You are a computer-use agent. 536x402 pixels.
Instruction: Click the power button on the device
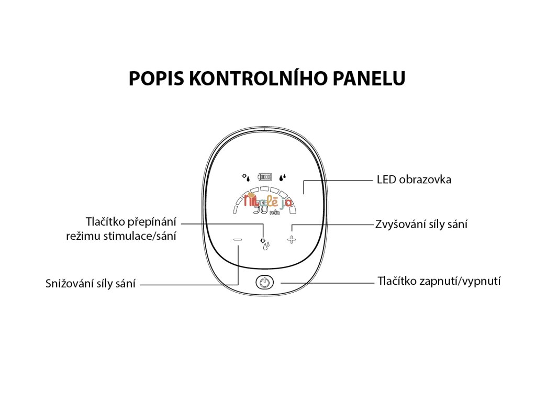265,283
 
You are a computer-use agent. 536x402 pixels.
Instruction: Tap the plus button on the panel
292,240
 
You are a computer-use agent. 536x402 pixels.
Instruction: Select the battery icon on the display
265,177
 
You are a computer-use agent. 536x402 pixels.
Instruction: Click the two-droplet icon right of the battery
283,177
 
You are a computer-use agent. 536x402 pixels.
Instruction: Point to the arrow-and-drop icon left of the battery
245,177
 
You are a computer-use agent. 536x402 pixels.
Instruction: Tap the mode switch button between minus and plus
265,242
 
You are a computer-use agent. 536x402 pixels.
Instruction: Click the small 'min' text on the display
274,213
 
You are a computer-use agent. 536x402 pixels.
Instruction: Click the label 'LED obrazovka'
414,180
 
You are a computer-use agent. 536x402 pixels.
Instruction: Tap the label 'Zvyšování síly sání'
421,225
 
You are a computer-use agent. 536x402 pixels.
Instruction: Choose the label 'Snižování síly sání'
91,284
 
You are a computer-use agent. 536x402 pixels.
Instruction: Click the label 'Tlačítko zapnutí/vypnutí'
439,281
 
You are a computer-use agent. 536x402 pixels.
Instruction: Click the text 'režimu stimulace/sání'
121,236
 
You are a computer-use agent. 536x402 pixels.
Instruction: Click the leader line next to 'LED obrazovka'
340,180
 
